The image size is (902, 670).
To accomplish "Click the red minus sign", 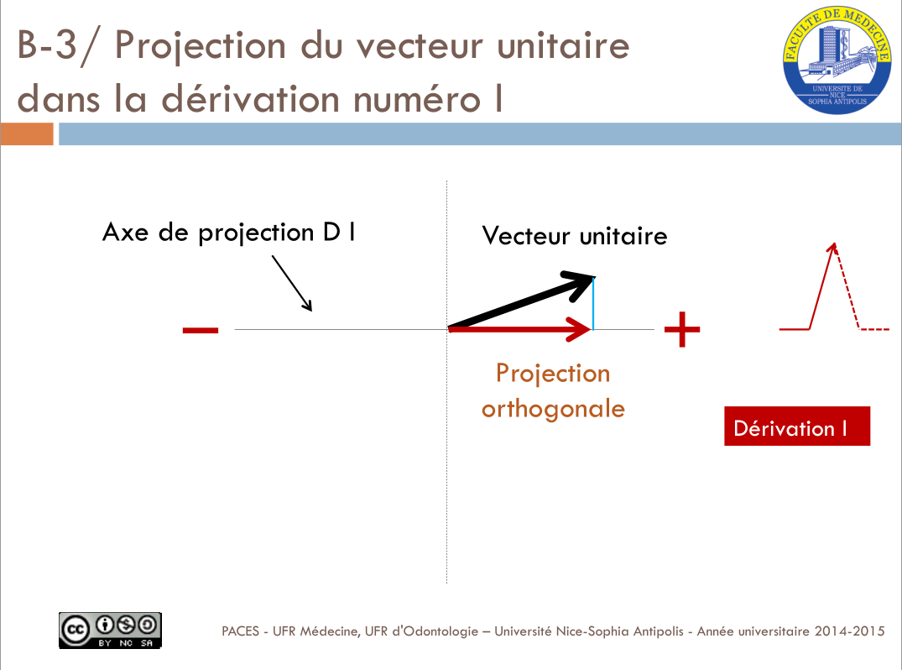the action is [x=201, y=330].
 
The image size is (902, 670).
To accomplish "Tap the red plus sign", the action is [x=682, y=329].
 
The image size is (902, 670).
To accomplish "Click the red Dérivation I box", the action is [x=797, y=426].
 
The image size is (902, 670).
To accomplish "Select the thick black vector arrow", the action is [x=521, y=300].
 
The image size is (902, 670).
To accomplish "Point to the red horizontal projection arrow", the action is [x=520, y=329].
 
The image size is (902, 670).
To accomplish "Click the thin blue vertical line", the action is [x=593, y=303].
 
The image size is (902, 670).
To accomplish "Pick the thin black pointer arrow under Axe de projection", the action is [x=292, y=283].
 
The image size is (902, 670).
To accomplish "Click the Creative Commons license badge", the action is [x=110, y=631].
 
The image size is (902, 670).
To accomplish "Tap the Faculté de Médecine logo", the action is [x=837, y=60].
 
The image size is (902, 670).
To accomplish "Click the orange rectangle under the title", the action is [x=27, y=134].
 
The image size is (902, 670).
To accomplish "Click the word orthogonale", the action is [x=554, y=410].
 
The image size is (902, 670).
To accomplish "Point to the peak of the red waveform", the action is [x=834, y=244].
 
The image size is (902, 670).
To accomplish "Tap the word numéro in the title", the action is [x=417, y=99].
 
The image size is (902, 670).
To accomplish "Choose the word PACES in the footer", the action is [x=241, y=631].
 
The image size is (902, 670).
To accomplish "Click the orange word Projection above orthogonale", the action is [x=553, y=374].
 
